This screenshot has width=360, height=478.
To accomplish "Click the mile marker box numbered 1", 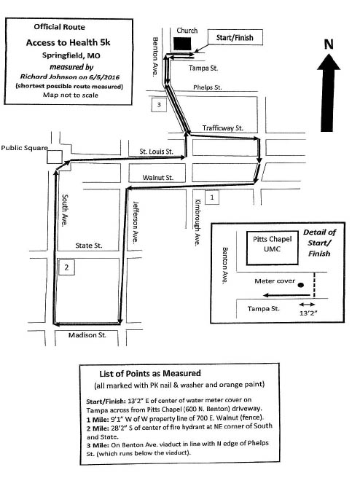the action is [212, 197].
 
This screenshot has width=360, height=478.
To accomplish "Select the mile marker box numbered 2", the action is [66, 267].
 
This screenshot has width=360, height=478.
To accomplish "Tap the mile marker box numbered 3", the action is [159, 105].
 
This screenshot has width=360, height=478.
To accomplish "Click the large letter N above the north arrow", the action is [328, 44].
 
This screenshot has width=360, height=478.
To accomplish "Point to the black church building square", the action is [183, 44].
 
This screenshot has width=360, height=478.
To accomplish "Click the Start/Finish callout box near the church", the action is [235, 37].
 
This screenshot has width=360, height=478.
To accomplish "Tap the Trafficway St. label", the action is [223, 128].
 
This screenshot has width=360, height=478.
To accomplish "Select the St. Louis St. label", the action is [157, 152].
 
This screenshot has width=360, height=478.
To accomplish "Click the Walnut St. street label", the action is [158, 177].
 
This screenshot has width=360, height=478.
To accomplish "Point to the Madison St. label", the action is [87, 335].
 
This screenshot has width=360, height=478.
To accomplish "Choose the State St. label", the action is [89, 246].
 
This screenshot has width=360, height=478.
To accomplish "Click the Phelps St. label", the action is [208, 87].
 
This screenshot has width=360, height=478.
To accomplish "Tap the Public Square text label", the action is [24, 148].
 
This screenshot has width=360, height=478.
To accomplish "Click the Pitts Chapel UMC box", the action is [273, 248].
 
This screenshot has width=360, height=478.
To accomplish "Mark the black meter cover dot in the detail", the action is [301, 286].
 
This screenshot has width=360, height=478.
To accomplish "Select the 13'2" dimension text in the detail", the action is [307, 313].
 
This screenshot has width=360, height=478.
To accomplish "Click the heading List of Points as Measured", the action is [150, 373].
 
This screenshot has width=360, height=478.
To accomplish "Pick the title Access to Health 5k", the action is [68, 42].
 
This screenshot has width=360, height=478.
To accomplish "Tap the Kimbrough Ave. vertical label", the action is [198, 222].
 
